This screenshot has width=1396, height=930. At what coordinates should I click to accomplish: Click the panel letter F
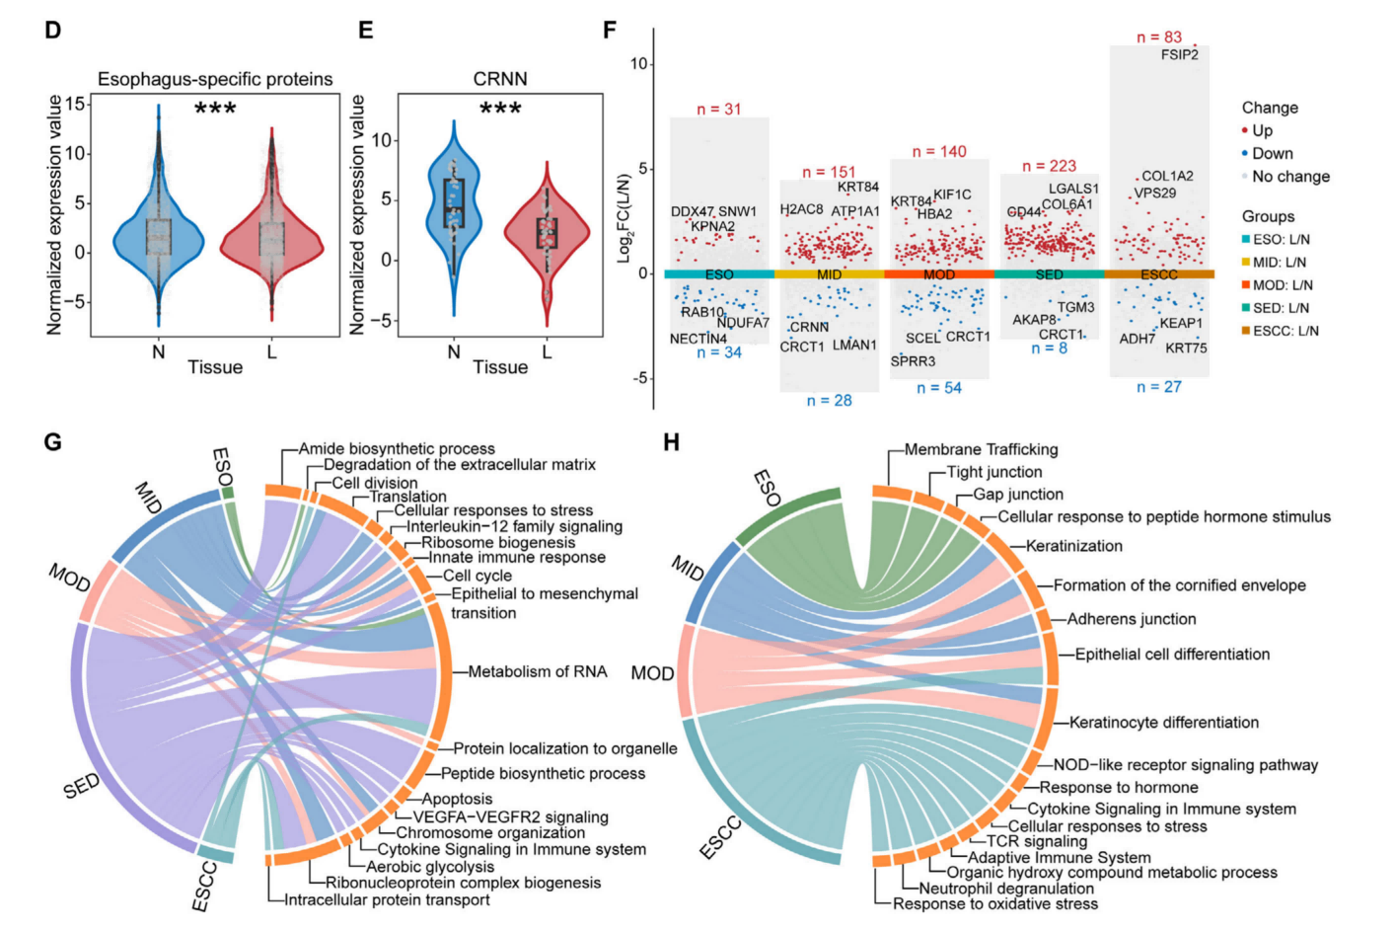(x=610, y=30)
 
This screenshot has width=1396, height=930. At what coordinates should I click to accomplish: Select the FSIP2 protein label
(x=1179, y=55)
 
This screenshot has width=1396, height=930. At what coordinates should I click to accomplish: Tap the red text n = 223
(x=1049, y=166)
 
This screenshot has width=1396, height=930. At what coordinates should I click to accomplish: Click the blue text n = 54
(x=938, y=388)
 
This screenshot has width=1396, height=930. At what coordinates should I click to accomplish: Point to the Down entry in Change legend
(x=1272, y=153)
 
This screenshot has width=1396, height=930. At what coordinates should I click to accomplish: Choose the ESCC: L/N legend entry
(x=1285, y=331)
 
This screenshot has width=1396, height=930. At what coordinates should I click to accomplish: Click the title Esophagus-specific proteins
(x=215, y=79)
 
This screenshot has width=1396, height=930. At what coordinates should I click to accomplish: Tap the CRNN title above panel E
(x=500, y=79)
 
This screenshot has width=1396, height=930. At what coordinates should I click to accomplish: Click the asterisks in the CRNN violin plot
(x=500, y=108)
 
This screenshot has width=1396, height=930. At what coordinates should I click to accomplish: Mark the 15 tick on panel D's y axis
(x=75, y=104)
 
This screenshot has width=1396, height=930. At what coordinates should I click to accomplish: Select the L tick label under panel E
(x=548, y=351)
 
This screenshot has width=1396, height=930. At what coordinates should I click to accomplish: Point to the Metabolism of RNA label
(x=538, y=671)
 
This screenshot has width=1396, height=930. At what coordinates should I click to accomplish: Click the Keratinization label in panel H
(x=1073, y=546)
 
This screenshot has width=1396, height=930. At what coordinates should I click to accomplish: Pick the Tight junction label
(x=993, y=472)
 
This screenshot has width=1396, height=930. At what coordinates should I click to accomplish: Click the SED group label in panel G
(x=81, y=786)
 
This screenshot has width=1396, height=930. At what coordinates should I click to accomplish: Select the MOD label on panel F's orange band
(x=939, y=274)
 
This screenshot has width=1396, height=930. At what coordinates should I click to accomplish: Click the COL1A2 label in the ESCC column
(x=1167, y=176)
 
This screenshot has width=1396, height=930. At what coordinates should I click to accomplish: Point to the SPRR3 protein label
(x=913, y=361)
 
